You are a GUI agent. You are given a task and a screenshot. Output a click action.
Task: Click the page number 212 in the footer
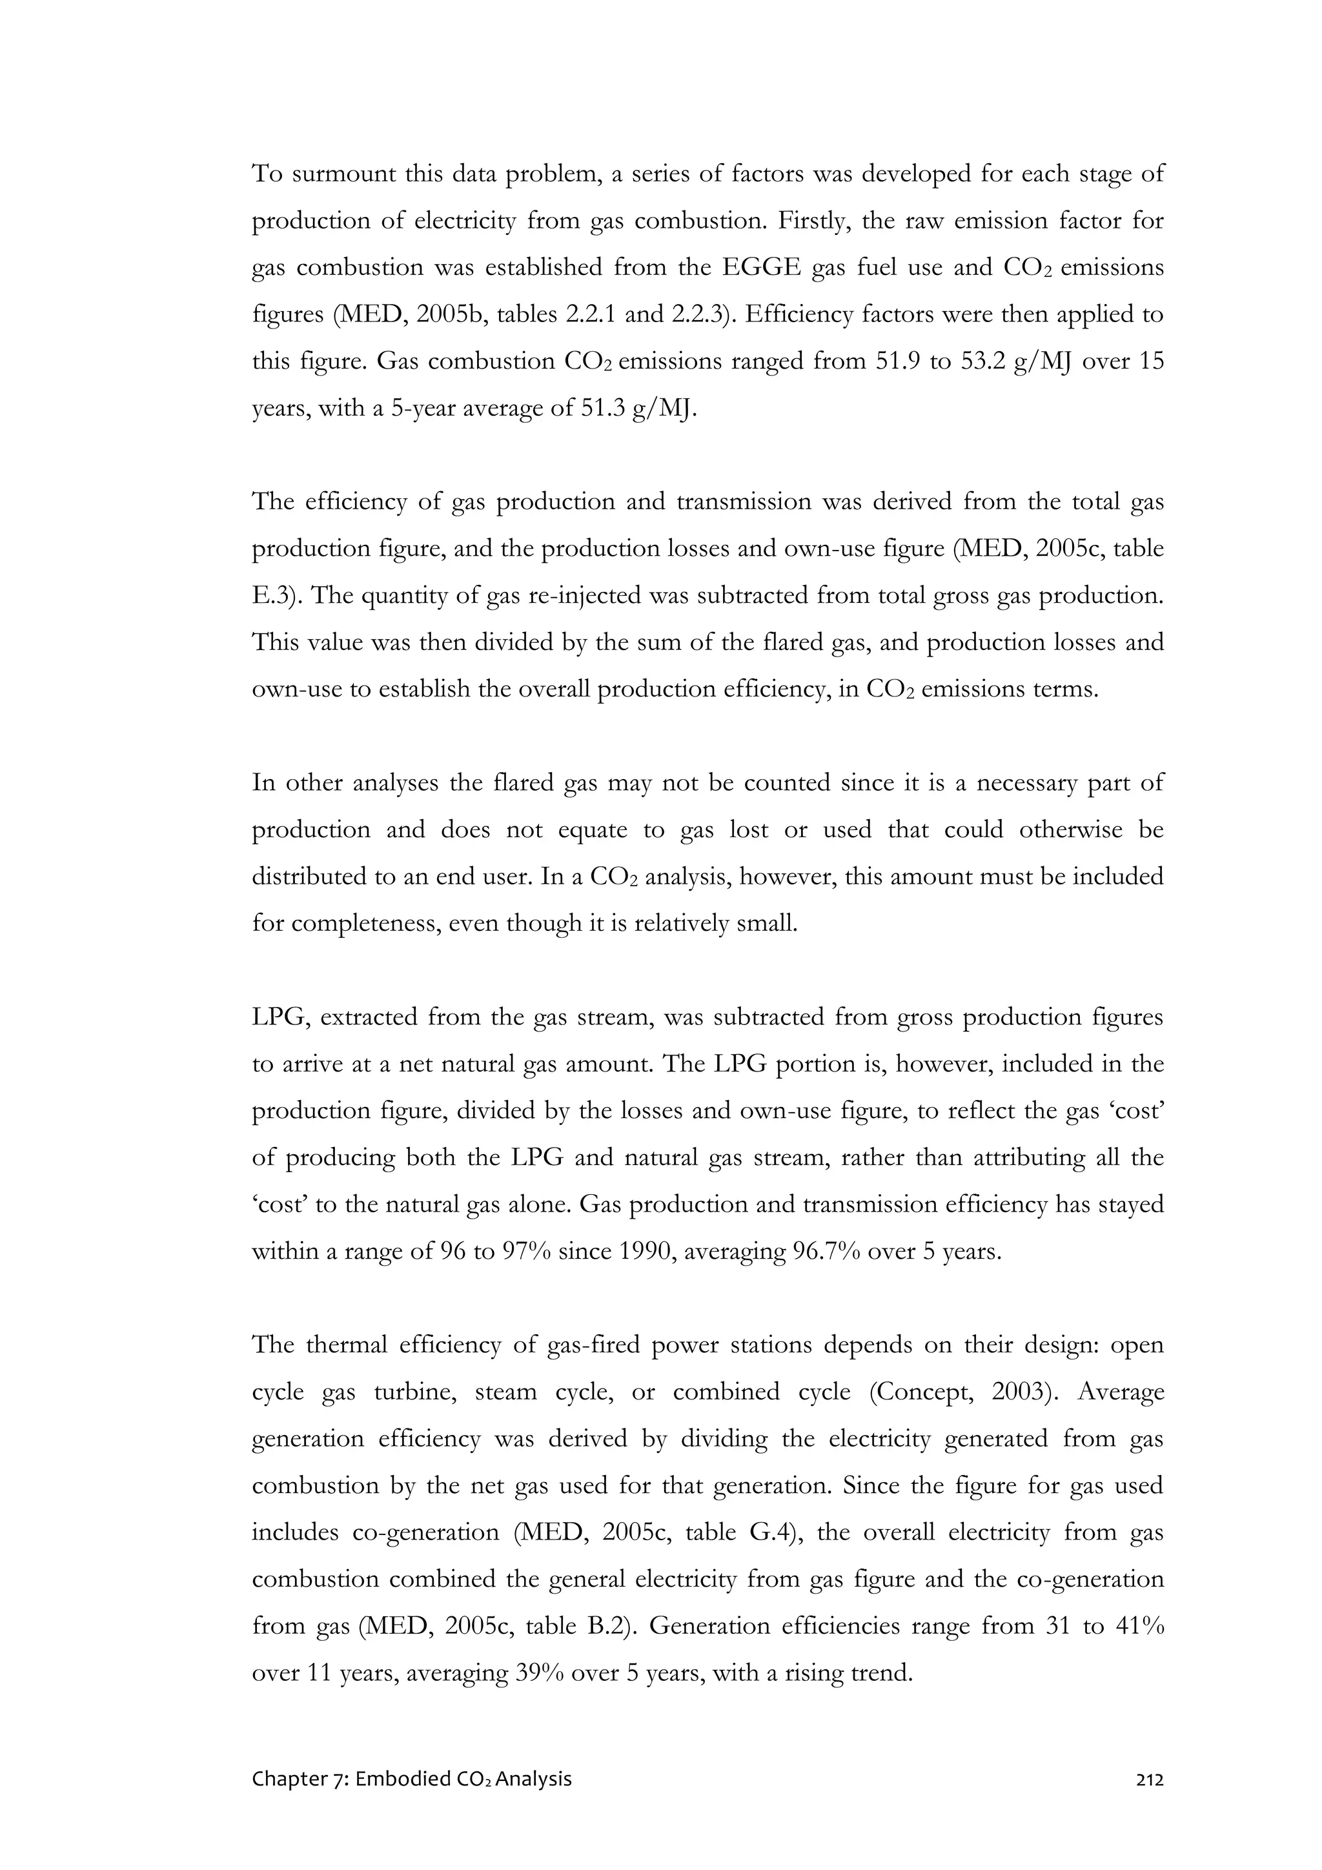pos(1149,1780)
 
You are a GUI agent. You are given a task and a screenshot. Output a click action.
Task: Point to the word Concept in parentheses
pos(921,1391)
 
